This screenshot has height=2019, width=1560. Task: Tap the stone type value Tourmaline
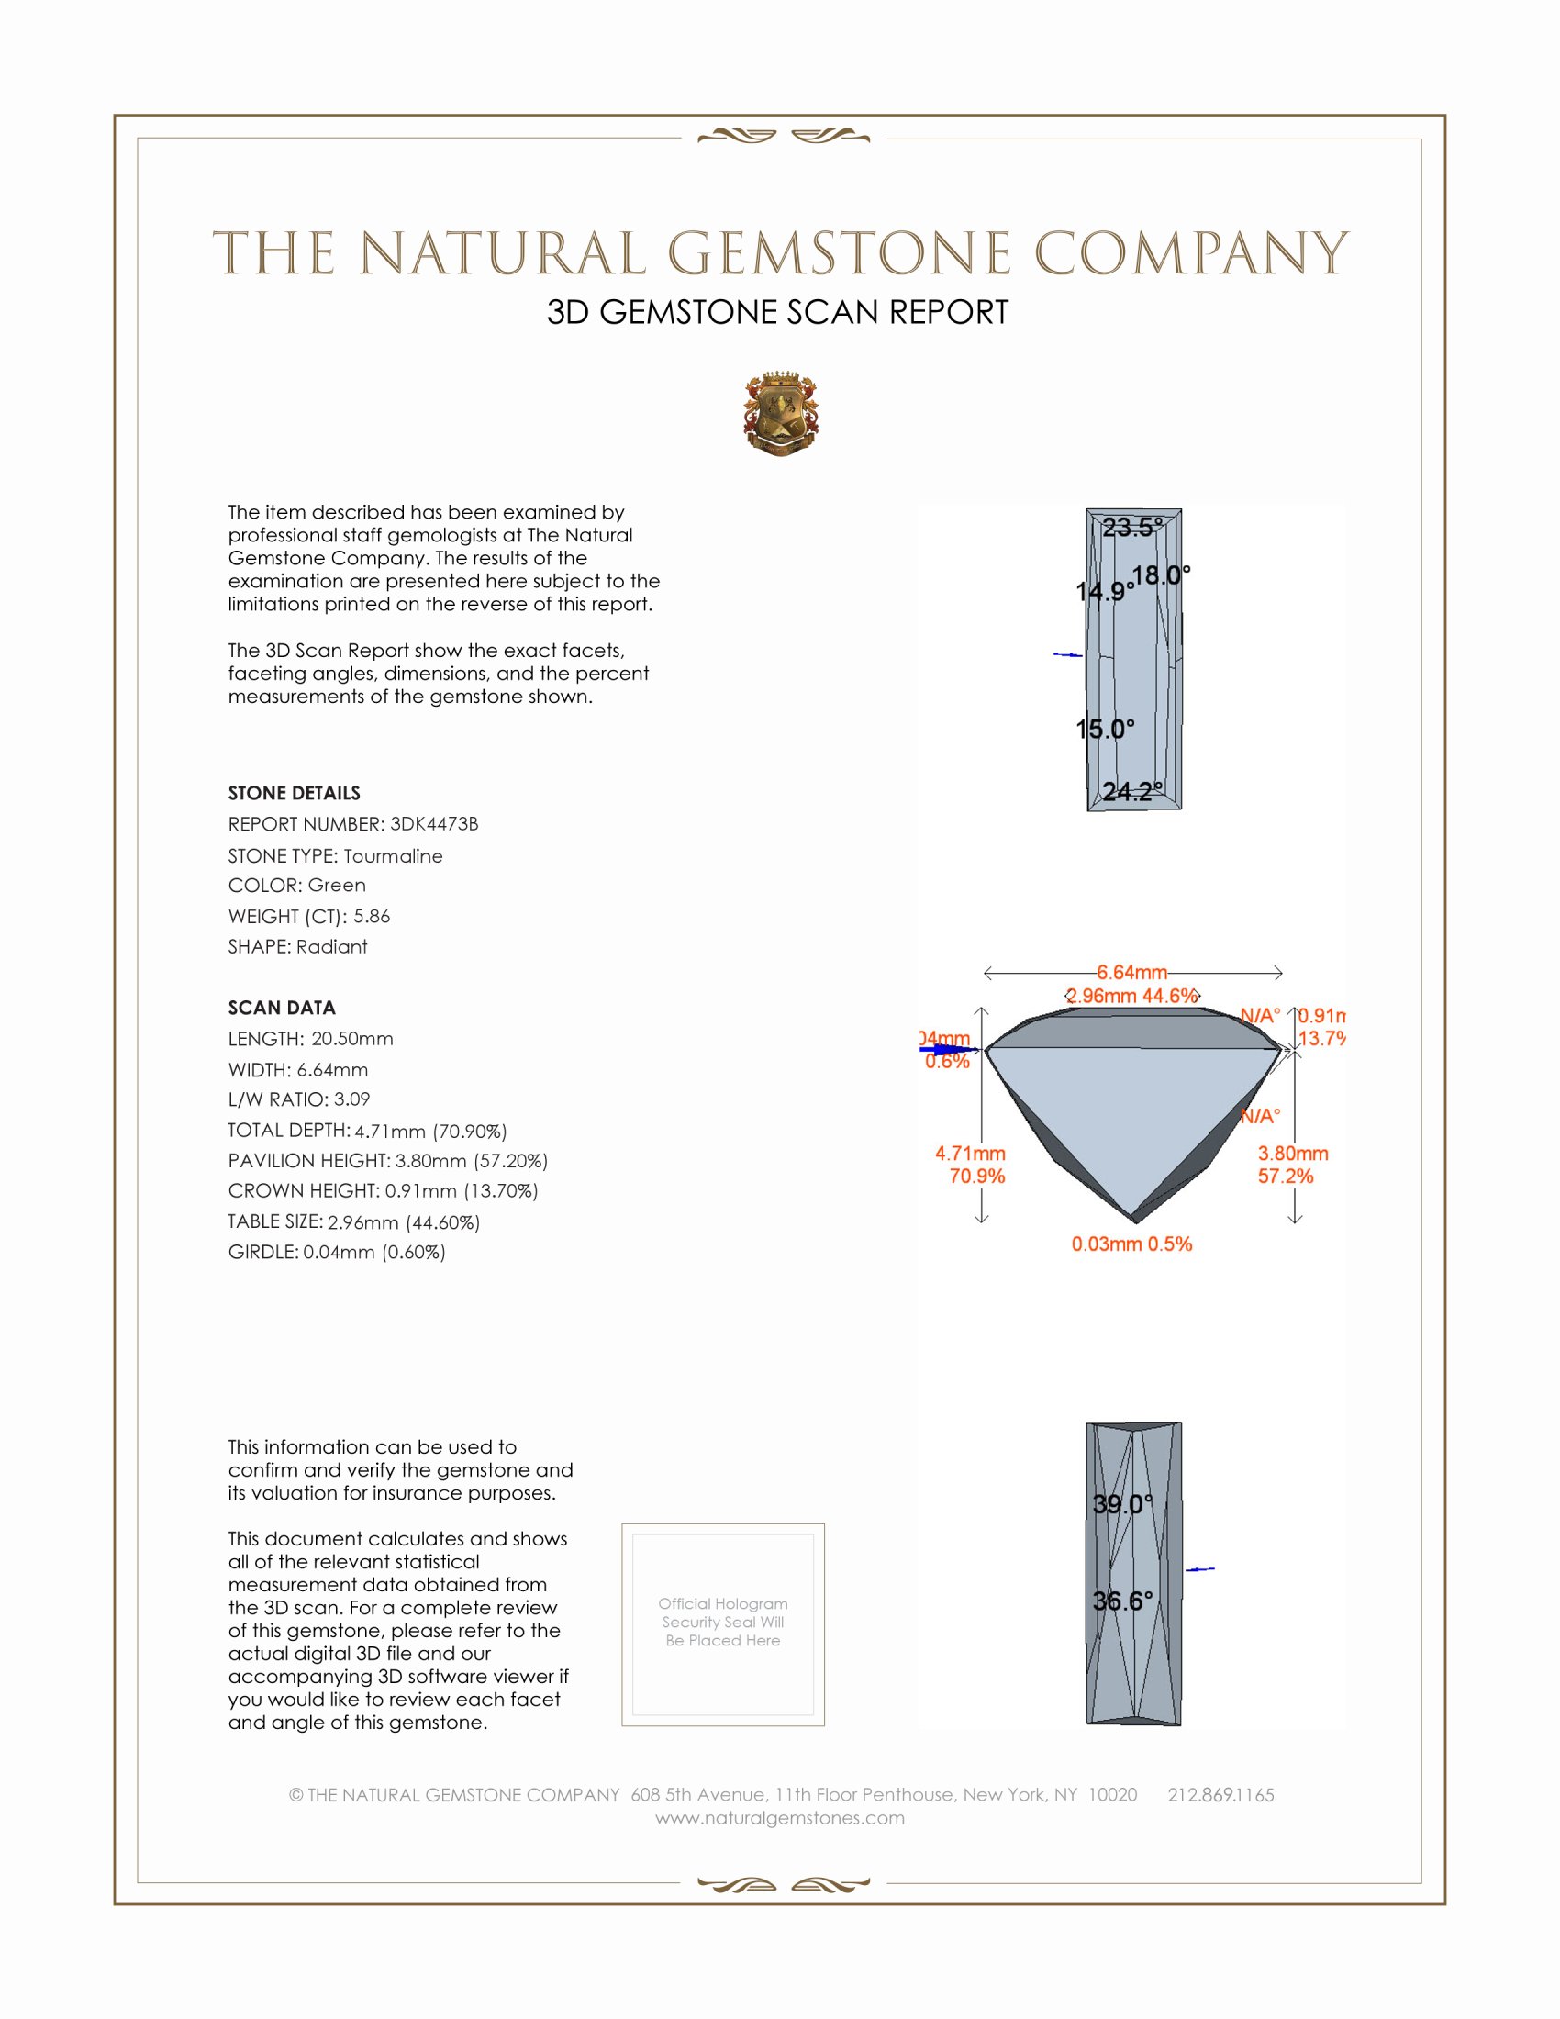click(393, 856)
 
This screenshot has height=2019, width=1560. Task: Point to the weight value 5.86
click(372, 916)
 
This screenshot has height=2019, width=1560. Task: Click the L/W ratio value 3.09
click(351, 1099)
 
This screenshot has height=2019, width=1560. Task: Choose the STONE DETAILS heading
click(294, 793)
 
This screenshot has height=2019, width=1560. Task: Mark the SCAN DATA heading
click(282, 1008)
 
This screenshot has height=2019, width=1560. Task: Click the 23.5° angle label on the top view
click(1132, 528)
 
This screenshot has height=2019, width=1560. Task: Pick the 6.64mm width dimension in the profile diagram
click(1132, 973)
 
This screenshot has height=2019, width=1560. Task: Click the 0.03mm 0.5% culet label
click(1131, 1244)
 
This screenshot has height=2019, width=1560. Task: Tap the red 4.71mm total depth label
click(969, 1154)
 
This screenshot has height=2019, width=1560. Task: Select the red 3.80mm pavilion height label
click(1292, 1154)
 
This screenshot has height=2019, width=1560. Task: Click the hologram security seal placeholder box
click(723, 1624)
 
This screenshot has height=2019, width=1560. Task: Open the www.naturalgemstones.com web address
click(780, 1817)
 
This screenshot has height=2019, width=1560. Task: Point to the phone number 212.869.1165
click(1220, 1794)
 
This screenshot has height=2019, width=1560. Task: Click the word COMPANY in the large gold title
click(1190, 253)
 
